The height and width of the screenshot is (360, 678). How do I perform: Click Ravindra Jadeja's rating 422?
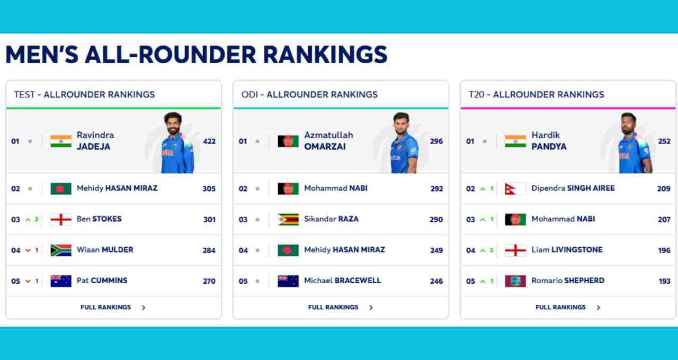pos(209,141)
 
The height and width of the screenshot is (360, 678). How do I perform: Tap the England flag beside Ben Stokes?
pos(61,219)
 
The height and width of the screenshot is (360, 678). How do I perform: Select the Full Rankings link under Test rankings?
pos(105,308)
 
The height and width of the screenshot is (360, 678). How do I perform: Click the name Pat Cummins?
pos(102,281)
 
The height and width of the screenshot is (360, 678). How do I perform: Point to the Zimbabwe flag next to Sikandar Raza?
pos(288,219)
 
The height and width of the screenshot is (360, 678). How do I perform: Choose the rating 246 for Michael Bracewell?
pos(436,281)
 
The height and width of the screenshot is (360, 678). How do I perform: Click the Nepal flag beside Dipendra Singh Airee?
pos(515,188)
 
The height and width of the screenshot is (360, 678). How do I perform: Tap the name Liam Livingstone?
pos(567,250)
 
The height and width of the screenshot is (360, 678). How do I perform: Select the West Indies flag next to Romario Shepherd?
pos(515,281)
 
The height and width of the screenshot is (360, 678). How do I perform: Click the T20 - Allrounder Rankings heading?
pos(537,95)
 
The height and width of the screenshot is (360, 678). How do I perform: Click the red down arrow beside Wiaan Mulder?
pos(28,250)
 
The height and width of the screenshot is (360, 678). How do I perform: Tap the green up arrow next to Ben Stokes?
pos(28,220)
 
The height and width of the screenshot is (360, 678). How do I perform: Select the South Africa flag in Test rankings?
pos(61,250)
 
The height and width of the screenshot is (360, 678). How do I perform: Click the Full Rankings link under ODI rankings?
pos(333,308)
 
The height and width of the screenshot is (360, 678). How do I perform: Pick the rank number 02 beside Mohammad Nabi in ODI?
pos(243,189)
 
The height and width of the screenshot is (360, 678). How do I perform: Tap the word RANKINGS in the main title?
pos(325,55)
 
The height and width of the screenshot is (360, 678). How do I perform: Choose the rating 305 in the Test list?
pos(209,189)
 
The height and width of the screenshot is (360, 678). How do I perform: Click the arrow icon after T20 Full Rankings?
pos(599,308)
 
